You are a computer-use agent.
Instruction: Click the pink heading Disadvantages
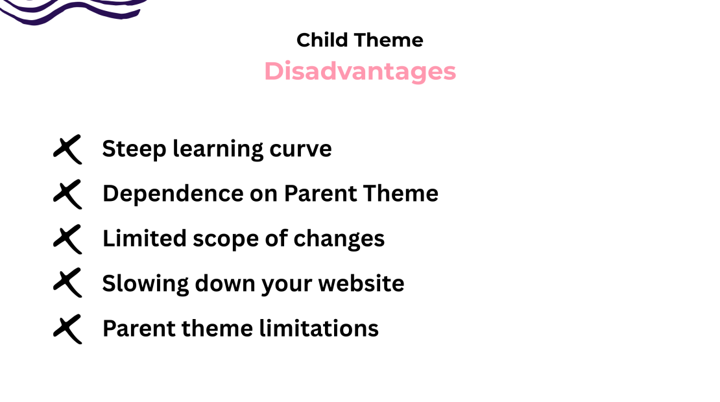click(360, 71)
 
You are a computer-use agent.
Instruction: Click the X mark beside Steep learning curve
click(67, 149)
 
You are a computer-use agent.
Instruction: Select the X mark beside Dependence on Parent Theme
click(67, 194)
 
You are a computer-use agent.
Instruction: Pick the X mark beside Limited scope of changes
click(67, 239)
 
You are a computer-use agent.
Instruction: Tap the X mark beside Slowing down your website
click(67, 283)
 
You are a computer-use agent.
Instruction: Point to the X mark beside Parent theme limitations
click(67, 328)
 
